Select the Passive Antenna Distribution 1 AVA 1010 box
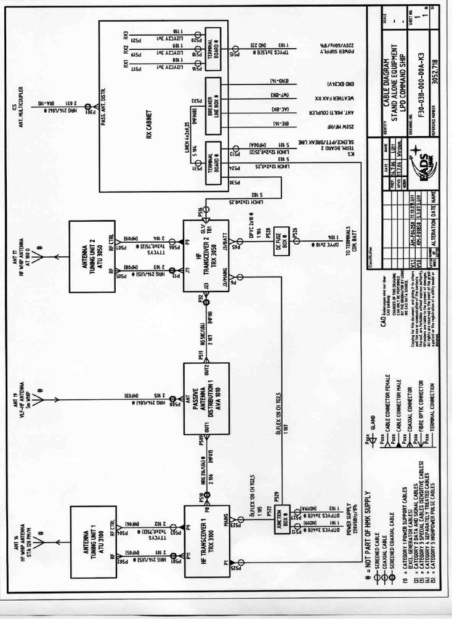pos(206,399)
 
